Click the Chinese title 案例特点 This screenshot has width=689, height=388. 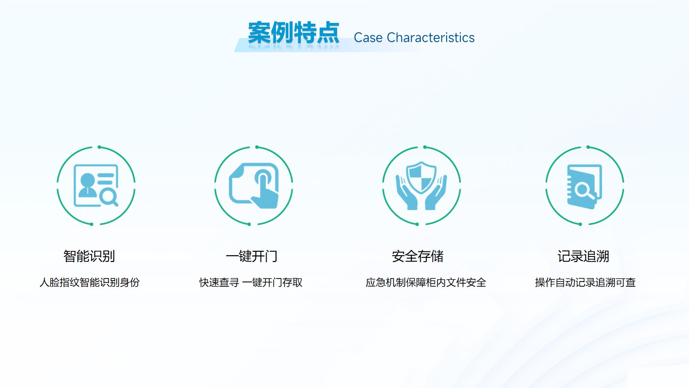[293, 33]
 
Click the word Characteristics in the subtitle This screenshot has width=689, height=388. [431, 38]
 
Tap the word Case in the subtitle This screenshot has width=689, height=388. [368, 38]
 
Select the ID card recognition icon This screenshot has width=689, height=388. [96, 185]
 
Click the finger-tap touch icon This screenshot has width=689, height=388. [254, 185]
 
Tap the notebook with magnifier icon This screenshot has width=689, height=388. [584, 187]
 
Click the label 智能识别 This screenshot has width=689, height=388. [89, 256]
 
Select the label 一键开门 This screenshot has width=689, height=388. [251, 256]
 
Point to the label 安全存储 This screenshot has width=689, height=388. [418, 256]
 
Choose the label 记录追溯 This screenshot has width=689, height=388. [583, 256]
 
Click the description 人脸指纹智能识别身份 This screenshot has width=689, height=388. [90, 282]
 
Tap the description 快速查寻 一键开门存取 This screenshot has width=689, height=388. [251, 282]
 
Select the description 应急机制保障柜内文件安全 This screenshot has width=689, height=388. [426, 282]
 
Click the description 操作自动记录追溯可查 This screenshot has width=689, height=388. [585, 282]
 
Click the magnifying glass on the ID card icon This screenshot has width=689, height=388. [109, 197]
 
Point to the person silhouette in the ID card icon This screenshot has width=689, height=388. [87, 185]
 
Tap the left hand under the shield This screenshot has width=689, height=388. [407, 193]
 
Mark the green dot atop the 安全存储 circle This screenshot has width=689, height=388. [425, 147]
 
